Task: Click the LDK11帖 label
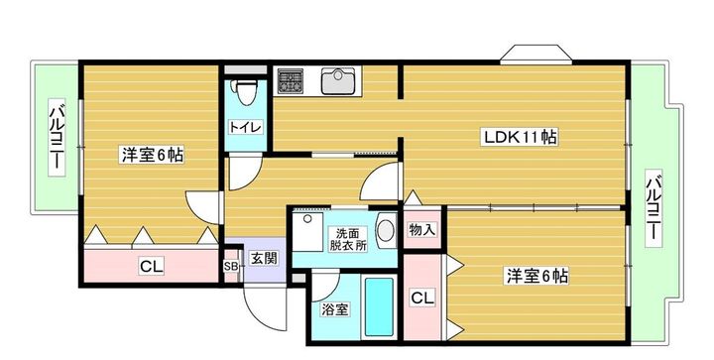click(x=519, y=137)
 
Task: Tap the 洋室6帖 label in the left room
click(x=152, y=155)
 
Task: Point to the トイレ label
click(x=244, y=128)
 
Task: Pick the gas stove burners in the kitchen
click(x=292, y=79)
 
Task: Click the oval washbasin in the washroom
click(x=387, y=231)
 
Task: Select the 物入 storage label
click(x=421, y=230)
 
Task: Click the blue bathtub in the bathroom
click(x=380, y=305)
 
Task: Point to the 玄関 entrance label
click(x=263, y=259)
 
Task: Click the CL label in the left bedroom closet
click(x=151, y=266)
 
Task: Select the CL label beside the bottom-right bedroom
click(x=422, y=298)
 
